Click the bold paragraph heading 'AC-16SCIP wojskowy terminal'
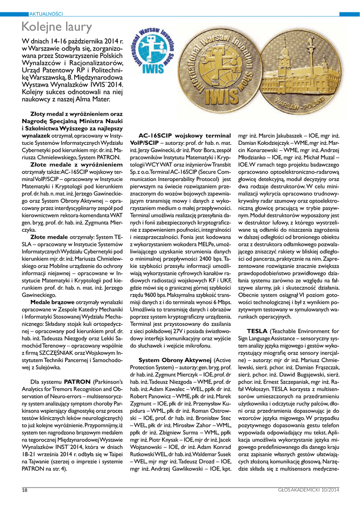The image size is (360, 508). (184, 135)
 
